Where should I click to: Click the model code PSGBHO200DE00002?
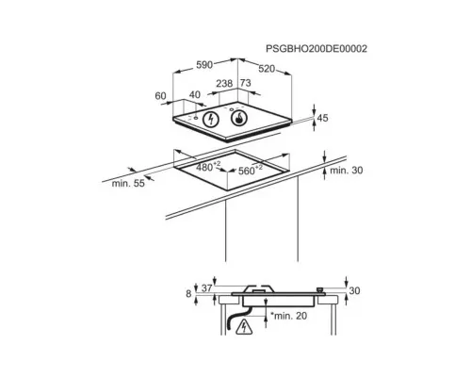click(x=317, y=49)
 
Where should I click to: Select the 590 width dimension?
click(x=204, y=65)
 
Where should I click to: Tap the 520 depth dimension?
click(x=267, y=69)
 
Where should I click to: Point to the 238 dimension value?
click(x=224, y=83)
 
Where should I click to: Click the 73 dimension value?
click(x=246, y=83)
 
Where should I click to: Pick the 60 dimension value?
click(x=160, y=96)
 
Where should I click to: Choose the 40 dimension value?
click(x=195, y=94)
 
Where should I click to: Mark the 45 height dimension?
click(x=322, y=118)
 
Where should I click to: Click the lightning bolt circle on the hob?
click(x=211, y=120)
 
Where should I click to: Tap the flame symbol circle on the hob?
click(x=239, y=119)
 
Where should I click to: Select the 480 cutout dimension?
click(x=208, y=167)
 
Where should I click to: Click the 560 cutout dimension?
click(x=251, y=170)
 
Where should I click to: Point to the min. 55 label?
click(x=128, y=183)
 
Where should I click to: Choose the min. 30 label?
click(x=347, y=171)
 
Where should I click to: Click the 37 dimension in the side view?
click(x=206, y=288)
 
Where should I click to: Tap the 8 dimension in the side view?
click(x=188, y=294)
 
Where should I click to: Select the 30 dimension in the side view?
click(x=354, y=291)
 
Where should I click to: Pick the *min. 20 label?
click(x=288, y=316)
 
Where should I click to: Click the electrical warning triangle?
click(x=244, y=326)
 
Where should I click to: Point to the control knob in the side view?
click(x=320, y=289)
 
